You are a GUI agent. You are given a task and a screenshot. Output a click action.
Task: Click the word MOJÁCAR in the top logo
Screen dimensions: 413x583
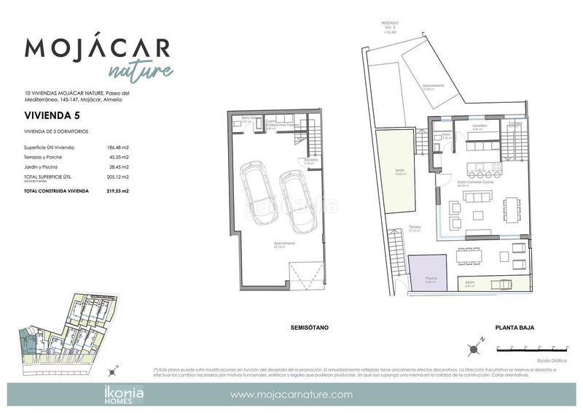(98, 48)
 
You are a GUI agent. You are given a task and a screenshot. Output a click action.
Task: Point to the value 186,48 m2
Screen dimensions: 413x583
(117, 148)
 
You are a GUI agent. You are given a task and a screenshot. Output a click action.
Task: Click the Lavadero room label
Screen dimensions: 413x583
(479, 125)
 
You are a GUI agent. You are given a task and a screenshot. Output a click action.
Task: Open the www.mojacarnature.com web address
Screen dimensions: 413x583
(291, 395)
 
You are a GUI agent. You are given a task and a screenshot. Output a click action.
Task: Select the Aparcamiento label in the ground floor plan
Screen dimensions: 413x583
(433, 86)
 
